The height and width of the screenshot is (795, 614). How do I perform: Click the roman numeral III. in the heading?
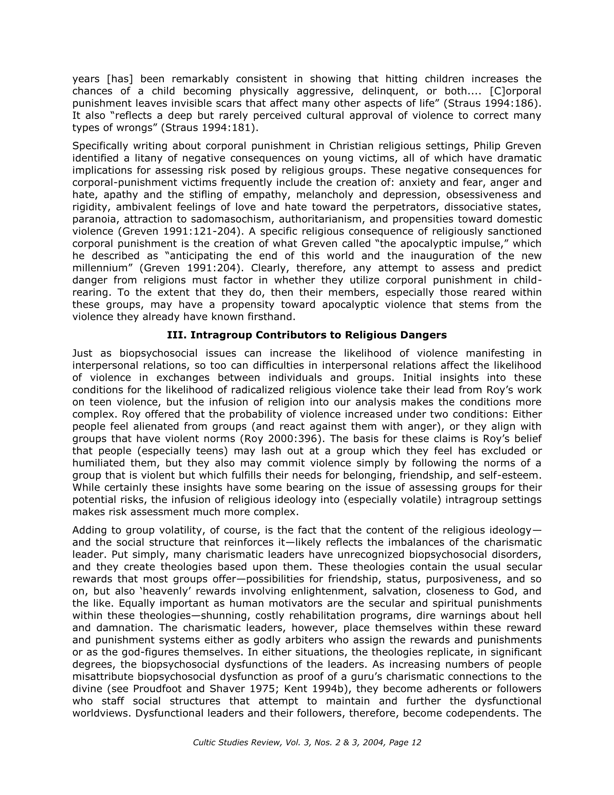[x=177, y=335]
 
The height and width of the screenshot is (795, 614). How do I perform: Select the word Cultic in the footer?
[x=204, y=742]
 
